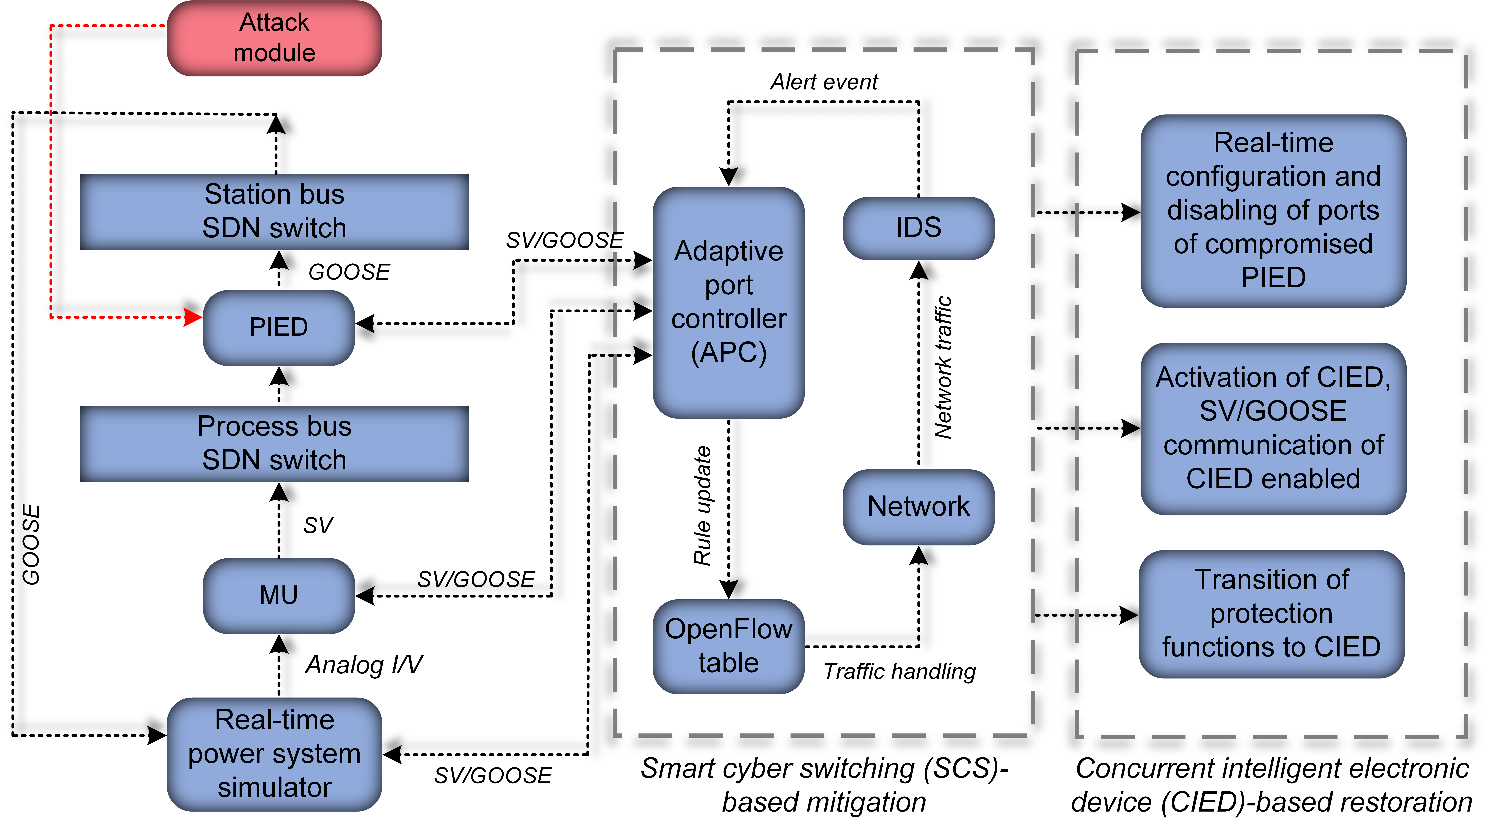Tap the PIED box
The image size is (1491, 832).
point(278,327)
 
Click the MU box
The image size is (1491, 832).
point(278,595)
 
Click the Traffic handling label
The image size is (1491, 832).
point(900,672)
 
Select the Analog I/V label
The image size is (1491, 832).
point(363,665)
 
